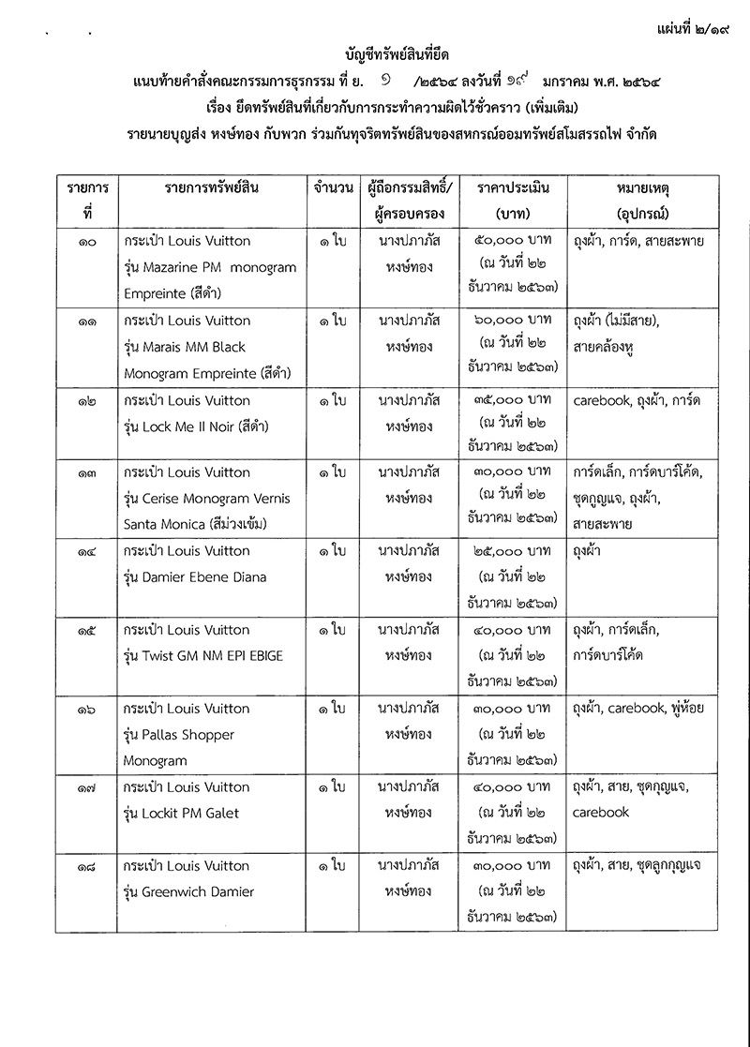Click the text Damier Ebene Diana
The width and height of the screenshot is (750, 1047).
(202, 577)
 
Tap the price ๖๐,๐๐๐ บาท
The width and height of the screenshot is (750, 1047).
(513, 321)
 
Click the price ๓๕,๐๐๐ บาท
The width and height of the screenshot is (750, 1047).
(513, 400)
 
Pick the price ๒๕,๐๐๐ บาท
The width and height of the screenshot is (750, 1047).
(513, 551)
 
